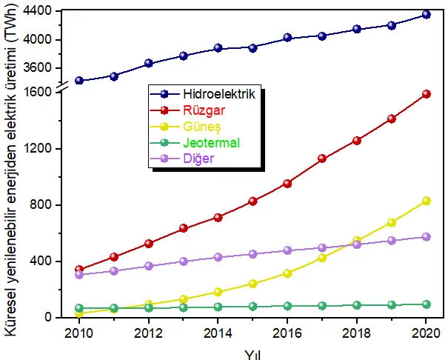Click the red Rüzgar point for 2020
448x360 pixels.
point(426,94)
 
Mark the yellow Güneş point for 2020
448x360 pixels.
point(426,201)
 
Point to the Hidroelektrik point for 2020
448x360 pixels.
point(426,14)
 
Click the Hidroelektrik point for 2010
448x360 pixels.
point(78,81)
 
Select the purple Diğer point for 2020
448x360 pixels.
point(426,237)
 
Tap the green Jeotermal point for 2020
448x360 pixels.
point(426,304)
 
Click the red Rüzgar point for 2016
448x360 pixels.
point(287,183)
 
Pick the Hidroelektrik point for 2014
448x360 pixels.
point(218,48)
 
